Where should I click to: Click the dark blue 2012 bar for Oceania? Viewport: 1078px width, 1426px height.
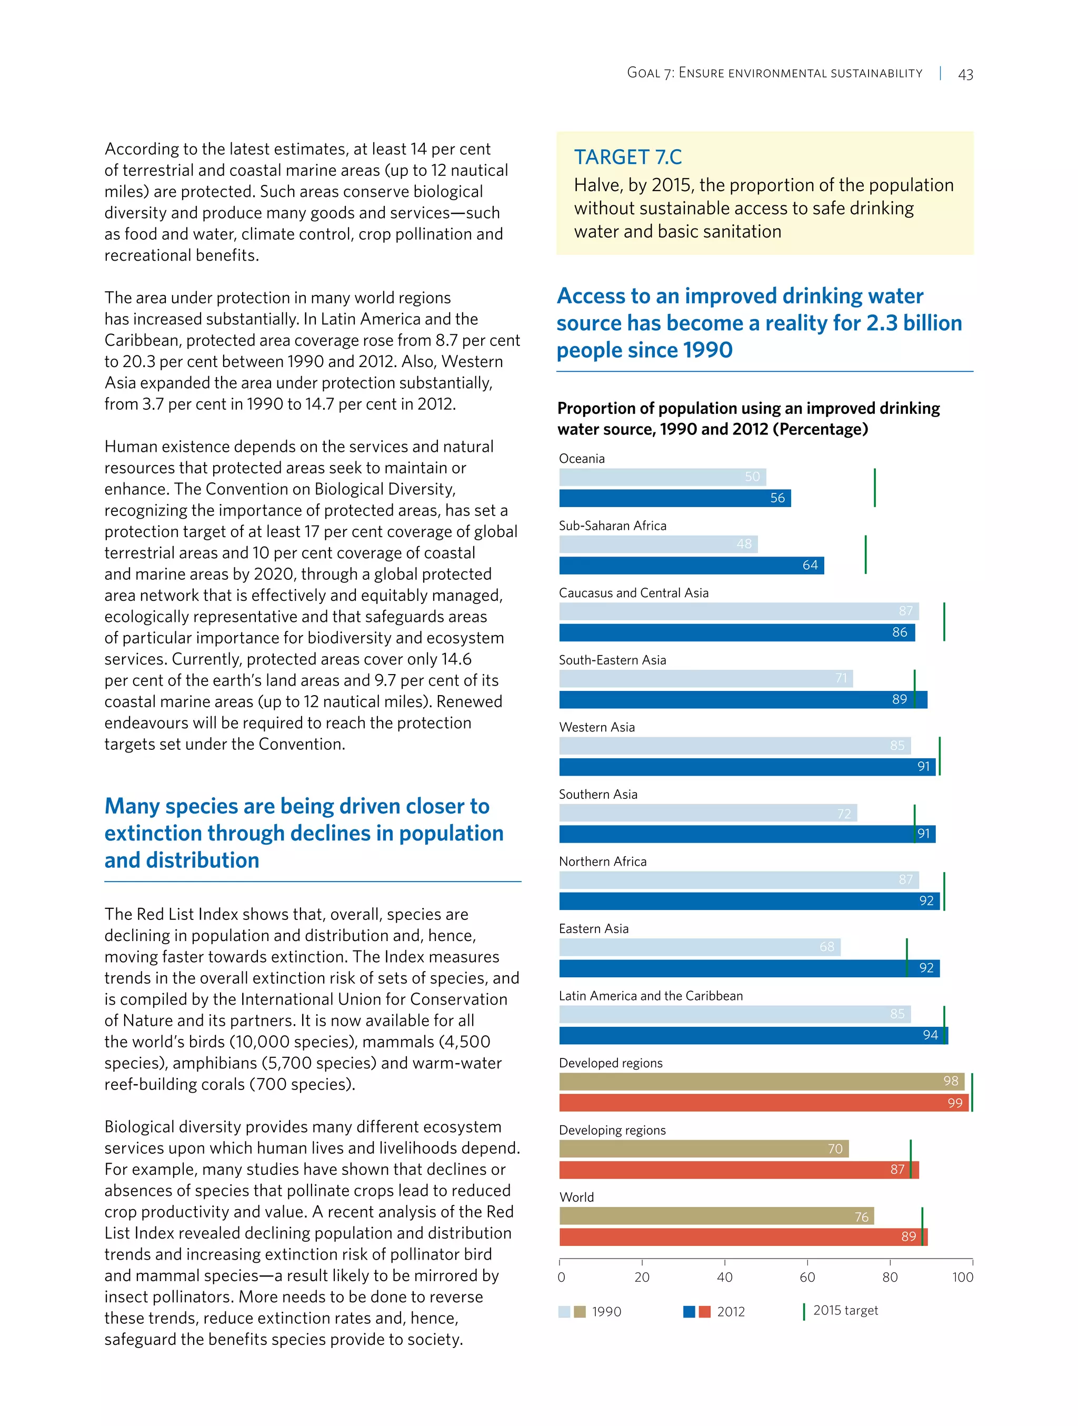pos(674,498)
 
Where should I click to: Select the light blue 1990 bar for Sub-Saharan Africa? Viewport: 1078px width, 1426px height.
pos(657,543)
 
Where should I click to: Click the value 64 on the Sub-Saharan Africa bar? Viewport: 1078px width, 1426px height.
pos(810,566)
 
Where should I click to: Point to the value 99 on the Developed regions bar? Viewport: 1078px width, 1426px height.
pos(954,1103)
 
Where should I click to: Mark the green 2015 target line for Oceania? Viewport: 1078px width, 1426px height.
pos(874,488)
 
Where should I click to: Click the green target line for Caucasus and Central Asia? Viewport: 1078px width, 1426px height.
pos(944,621)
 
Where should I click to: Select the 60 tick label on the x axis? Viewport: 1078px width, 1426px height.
pos(807,1277)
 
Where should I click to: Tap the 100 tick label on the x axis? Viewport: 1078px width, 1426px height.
pos(963,1277)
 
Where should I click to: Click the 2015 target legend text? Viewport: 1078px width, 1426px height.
pos(845,1310)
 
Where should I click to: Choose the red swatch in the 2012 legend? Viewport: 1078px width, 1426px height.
pos(704,1311)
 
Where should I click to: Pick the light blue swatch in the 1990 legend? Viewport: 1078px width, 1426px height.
pos(564,1311)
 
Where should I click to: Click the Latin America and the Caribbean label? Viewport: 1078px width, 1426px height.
pos(650,996)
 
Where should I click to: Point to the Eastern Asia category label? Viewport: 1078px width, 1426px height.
pos(593,928)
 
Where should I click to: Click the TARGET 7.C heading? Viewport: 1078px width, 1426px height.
pos(627,156)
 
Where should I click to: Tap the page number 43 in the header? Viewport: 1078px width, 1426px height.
pos(965,74)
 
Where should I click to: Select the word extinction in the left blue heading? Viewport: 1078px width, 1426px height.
pos(152,833)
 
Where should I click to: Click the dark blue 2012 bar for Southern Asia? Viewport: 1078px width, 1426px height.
pos(735,834)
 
